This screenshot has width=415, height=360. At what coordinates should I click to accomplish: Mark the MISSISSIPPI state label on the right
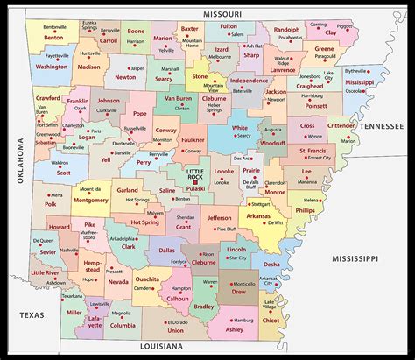(x=353, y=259)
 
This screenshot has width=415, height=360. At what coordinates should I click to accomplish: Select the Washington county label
(x=52, y=67)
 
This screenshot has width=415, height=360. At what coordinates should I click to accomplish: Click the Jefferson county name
(x=220, y=217)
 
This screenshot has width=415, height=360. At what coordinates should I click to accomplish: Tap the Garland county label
(x=128, y=189)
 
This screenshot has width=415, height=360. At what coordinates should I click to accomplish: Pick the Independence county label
(x=250, y=81)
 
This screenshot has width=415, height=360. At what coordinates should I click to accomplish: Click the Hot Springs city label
(x=136, y=200)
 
